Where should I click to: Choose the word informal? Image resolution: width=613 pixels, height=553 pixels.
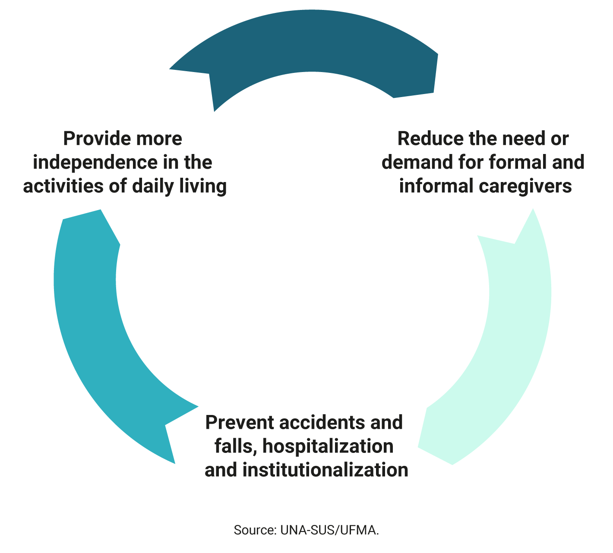pyautogui.click(x=436, y=186)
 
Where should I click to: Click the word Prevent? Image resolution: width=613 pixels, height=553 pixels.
pyautogui.click(x=240, y=423)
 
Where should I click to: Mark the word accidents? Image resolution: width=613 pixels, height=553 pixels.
pyautogui.click(x=322, y=423)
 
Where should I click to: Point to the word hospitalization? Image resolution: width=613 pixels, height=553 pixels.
pyautogui.click(x=328, y=447)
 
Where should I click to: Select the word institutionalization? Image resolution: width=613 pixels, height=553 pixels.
pyautogui.click(x=325, y=470)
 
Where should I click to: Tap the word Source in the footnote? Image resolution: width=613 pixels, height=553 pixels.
pyautogui.click(x=255, y=531)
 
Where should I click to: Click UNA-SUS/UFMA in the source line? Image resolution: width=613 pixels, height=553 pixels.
pyautogui.click(x=329, y=531)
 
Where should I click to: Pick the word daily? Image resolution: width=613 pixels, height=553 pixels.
pyautogui.click(x=152, y=187)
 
